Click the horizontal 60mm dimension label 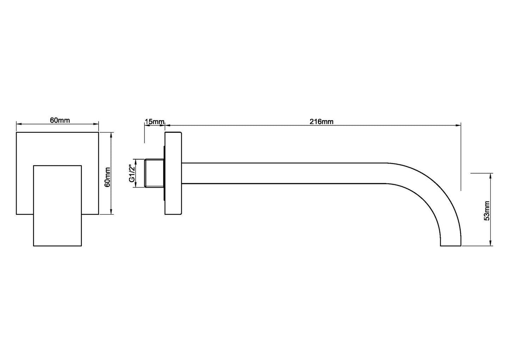60,120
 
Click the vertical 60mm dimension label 108,177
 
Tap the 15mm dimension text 154,122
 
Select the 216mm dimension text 321,122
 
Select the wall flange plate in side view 173,173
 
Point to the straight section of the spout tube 282,173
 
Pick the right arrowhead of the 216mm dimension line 458,125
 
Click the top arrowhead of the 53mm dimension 491,175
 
